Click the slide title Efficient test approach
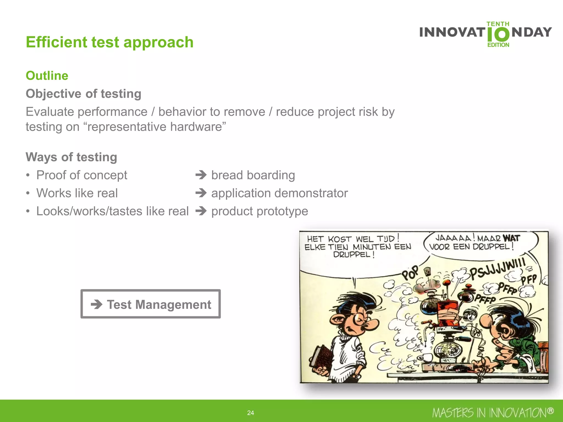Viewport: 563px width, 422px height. click(x=109, y=42)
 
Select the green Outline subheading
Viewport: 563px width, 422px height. click(x=47, y=76)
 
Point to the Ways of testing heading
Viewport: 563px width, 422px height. click(x=71, y=157)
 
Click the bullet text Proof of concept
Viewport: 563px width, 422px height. click(x=82, y=175)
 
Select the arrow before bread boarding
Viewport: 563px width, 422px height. click(x=201, y=175)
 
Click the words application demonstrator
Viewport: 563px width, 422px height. click(x=279, y=193)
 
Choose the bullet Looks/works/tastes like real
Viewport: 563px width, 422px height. click(x=112, y=211)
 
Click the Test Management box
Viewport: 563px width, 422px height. click(x=150, y=304)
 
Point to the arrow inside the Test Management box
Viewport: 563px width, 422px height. click(x=96, y=304)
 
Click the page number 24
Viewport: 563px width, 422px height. click(x=250, y=413)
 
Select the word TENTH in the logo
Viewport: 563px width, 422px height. click(x=498, y=24)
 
